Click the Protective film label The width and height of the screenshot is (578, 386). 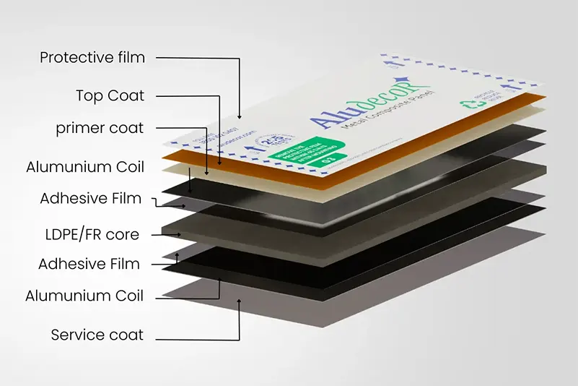click(92, 57)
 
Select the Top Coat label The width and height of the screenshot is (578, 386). click(110, 95)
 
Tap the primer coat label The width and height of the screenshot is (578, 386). click(100, 128)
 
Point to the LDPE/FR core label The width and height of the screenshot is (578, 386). click(91, 233)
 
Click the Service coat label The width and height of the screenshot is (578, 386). click(97, 335)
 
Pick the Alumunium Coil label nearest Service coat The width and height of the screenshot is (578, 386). click(84, 296)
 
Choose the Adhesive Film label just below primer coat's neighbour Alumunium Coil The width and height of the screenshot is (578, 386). click(91, 198)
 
